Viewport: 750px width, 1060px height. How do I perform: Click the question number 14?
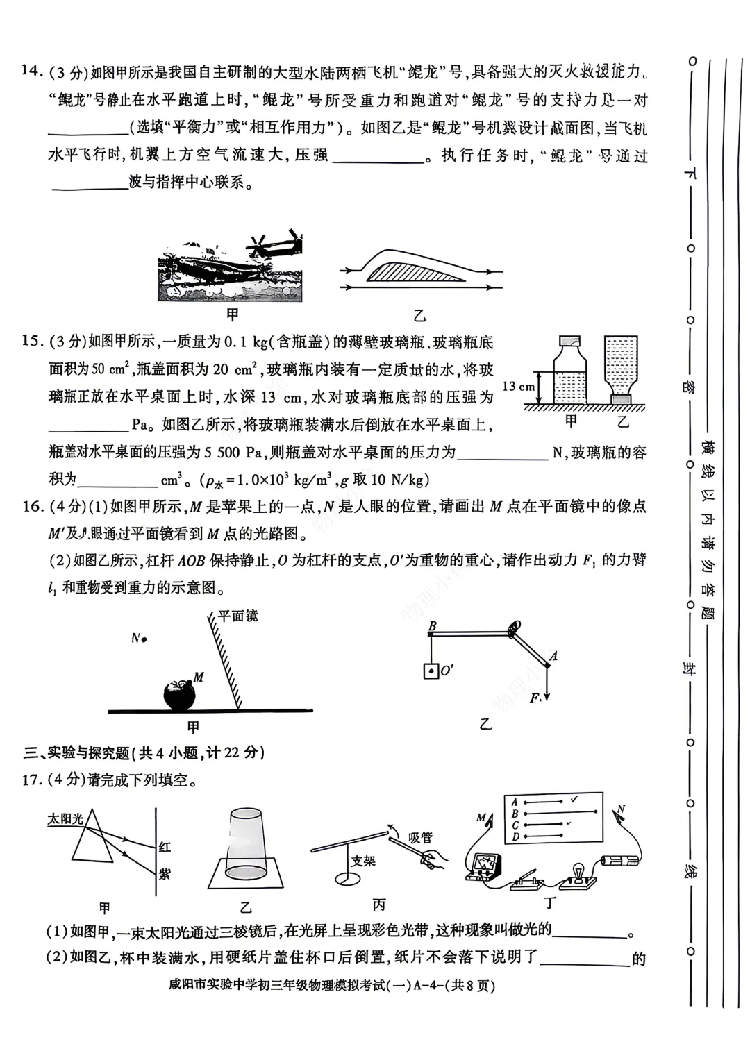30,71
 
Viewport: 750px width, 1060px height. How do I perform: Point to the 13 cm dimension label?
519,387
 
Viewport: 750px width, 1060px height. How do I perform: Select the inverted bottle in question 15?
622,368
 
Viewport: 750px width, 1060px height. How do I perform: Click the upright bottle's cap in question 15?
569,340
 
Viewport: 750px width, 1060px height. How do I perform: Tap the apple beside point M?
178,695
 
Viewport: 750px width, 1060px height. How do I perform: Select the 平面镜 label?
237,615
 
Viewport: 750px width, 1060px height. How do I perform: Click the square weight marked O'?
431,671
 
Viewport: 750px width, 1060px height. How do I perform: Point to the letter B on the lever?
432,626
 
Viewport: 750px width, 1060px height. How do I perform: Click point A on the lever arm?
553,655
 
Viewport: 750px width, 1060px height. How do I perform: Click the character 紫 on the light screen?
165,874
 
